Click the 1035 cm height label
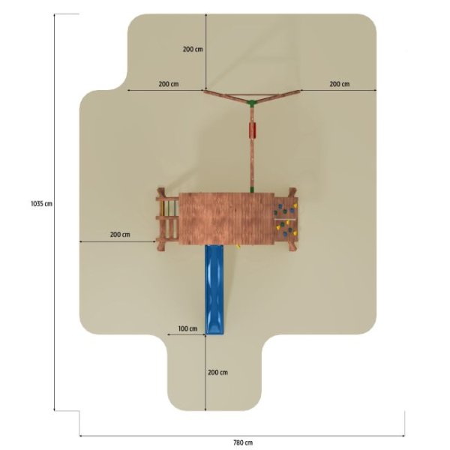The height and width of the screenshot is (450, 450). tap(41, 203)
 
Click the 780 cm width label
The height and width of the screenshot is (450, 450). tap(243, 442)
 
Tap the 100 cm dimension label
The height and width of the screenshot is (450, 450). tap(187, 328)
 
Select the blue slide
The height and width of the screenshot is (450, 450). tap(214, 289)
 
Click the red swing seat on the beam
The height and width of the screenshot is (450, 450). tap(252, 130)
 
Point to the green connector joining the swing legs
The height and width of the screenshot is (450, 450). tap(252, 103)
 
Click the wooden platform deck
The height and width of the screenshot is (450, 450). tap(226, 219)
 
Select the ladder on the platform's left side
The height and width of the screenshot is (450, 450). tap(168, 219)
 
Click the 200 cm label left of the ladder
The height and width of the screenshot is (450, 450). tap(120, 235)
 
